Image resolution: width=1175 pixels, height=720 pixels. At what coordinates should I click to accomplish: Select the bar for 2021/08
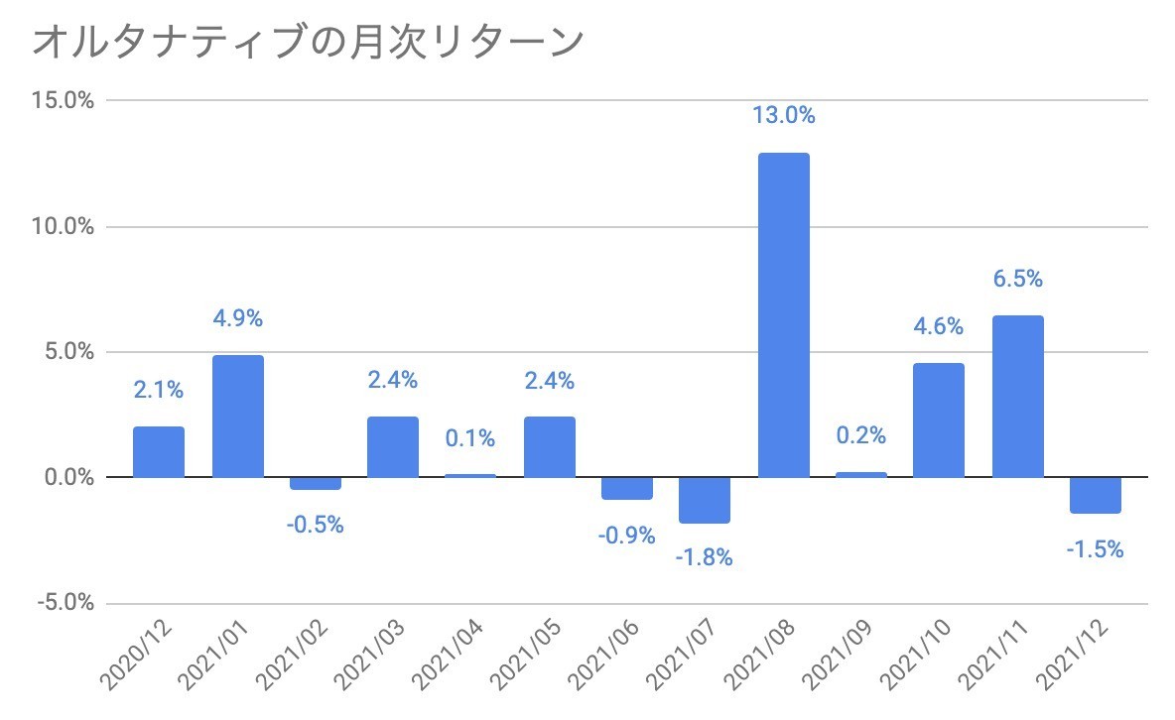click(784, 315)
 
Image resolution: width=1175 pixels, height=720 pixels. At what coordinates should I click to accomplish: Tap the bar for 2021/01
click(238, 417)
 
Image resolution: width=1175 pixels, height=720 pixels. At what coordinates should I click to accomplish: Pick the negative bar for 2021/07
click(706, 500)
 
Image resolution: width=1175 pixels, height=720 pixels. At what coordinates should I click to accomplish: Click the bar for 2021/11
click(1018, 397)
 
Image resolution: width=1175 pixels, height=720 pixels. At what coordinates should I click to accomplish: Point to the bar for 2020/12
click(159, 452)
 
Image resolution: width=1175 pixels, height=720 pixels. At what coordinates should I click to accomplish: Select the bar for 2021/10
click(939, 420)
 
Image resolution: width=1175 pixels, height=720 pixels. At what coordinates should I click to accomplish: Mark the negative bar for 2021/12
click(1097, 495)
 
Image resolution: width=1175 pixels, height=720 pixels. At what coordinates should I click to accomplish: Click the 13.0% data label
click(784, 116)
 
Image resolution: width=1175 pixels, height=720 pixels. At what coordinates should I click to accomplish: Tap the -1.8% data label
click(704, 558)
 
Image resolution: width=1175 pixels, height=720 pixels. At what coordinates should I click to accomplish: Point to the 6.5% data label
click(1018, 280)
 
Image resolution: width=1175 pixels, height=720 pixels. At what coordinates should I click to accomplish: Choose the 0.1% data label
click(470, 438)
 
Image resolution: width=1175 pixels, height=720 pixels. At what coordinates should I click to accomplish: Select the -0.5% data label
click(315, 526)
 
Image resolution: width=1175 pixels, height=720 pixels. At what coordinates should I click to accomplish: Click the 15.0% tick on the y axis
click(65, 101)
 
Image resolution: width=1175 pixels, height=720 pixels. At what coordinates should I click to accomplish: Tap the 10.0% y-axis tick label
click(65, 227)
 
